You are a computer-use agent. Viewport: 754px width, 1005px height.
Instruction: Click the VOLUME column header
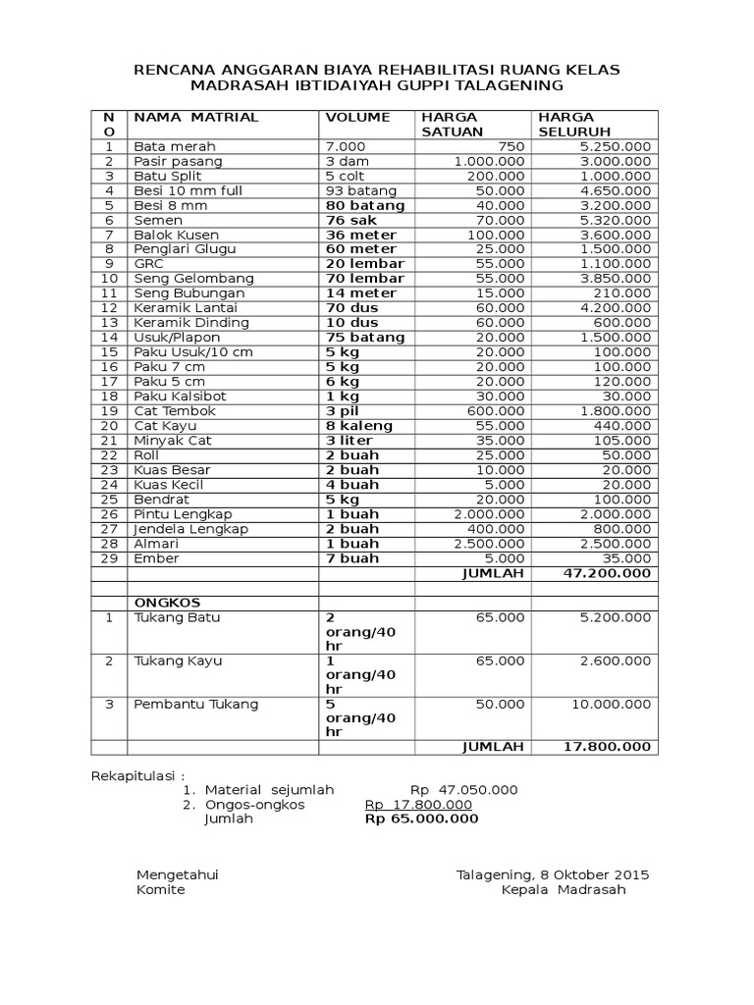[x=357, y=117]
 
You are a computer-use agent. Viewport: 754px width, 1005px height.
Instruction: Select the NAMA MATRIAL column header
[x=196, y=117]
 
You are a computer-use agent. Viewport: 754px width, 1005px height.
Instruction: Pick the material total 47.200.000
[x=607, y=573]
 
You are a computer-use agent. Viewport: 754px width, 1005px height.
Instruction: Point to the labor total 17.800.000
[x=607, y=747]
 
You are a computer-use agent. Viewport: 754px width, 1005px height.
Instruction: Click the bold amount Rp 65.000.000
[x=421, y=819]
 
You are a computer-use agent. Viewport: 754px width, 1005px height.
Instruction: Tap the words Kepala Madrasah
[x=563, y=890]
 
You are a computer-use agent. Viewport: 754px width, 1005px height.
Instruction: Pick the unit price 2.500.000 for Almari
[x=489, y=544]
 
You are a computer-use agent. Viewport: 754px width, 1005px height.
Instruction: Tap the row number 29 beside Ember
[x=110, y=558]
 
